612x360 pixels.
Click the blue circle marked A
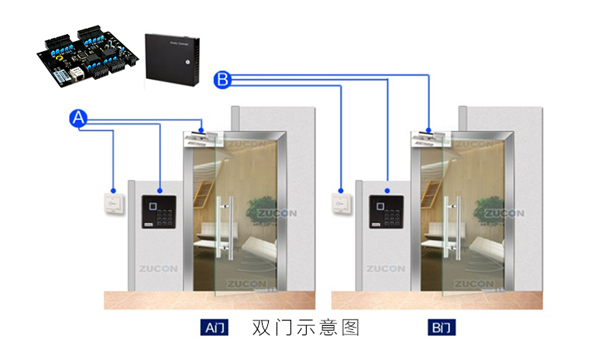(78, 118)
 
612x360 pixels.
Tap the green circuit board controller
(87, 55)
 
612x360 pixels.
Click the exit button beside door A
(112, 203)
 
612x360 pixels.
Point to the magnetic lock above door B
(430, 139)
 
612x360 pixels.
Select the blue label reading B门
(442, 327)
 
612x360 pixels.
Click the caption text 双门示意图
(306, 327)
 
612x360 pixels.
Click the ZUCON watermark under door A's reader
(158, 269)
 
